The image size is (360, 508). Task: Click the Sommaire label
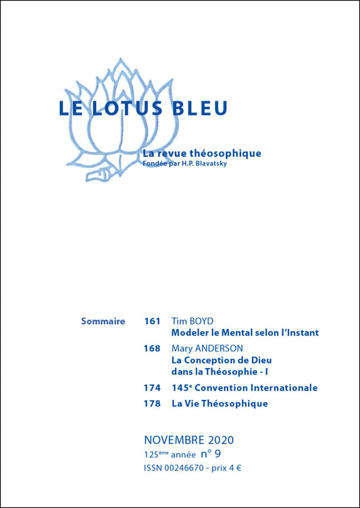click(103, 321)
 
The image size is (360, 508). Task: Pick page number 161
click(152, 321)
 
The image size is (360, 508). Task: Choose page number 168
click(152, 349)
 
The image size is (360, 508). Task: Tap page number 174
click(152, 388)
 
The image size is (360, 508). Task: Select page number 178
click(152, 404)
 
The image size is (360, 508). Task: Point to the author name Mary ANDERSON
click(207, 349)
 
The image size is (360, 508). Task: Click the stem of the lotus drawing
click(101, 175)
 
